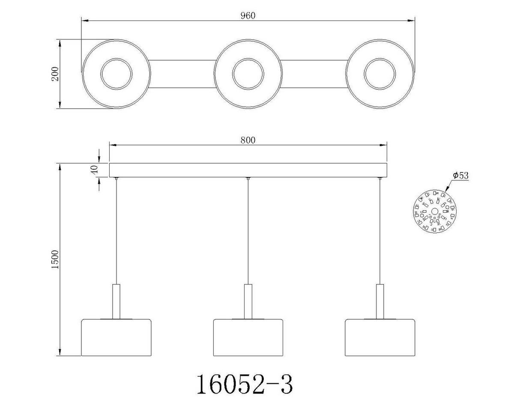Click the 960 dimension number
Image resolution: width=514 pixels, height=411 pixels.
click(248, 16)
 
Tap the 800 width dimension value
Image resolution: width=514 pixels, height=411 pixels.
click(248, 140)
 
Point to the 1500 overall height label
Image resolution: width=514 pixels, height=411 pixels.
click(55, 259)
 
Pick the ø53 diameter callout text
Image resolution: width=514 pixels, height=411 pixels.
click(460, 176)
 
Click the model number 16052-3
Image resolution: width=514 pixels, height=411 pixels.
click(245, 384)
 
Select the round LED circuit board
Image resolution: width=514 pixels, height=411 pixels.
click(434, 212)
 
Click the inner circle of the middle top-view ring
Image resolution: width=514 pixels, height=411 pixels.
click(248, 74)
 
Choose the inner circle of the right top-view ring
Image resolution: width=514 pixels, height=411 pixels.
click(380, 74)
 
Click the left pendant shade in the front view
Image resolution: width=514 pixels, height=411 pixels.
click(116, 337)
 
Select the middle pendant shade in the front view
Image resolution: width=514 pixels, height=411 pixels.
click(248, 337)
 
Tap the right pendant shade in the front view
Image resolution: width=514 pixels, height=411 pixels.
click(380, 337)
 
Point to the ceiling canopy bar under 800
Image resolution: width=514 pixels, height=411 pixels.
click(248, 170)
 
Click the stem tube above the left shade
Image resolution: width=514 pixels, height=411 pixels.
click(116, 301)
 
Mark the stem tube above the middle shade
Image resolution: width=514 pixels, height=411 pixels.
click(248, 301)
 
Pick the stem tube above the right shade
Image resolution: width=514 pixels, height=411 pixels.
click(380, 301)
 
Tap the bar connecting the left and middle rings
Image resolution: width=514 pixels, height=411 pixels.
click(182, 74)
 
